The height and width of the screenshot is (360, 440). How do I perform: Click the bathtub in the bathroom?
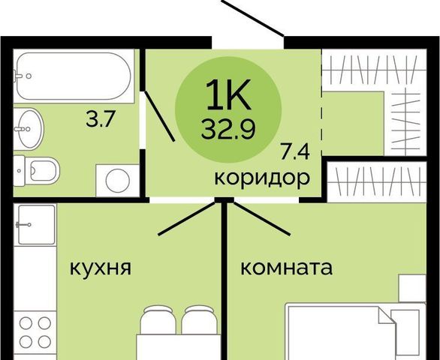pyautogui.click(x=74, y=76)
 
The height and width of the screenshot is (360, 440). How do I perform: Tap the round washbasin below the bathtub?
pyautogui.click(x=29, y=129)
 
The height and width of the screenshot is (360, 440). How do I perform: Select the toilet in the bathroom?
pyautogui.click(x=37, y=170)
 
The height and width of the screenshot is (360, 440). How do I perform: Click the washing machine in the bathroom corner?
pyautogui.click(x=118, y=181)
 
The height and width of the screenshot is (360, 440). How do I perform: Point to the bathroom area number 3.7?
pyautogui.click(x=101, y=120)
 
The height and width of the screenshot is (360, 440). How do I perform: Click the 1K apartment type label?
pyautogui.click(x=228, y=94)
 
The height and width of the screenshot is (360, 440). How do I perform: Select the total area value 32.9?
pyautogui.click(x=228, y=130)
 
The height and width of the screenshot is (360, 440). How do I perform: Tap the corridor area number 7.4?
pyautogui.click(x=294, y=152)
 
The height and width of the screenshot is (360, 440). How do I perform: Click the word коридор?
pyautogui.click(x=262, y=178)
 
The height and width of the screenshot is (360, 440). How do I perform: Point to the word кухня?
pyautogui.click(x=100, y=268)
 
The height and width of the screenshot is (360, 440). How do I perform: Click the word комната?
pyautogui.click(x=287, y=268)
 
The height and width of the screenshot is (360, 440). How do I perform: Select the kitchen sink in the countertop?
pyautogui.click(x=37, y=225)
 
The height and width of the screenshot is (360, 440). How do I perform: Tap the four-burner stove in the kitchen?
pyautogui.click(x=35, y=332)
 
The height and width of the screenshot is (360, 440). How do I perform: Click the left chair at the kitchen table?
pyautogui.click(x=158, y=319)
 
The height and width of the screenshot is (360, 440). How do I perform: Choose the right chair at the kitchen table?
pyautogui.click(x=199, y=319)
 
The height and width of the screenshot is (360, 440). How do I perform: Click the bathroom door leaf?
pyautogui.click(x=160, y=115)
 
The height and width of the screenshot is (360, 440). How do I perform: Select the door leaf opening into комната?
pyautogui.click(x=262, y=218)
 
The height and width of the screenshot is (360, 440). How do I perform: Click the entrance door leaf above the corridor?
pyautogui.click(x=252, y=18)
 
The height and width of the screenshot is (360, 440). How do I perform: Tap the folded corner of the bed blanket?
pyautogui.click(x=387, y=315)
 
